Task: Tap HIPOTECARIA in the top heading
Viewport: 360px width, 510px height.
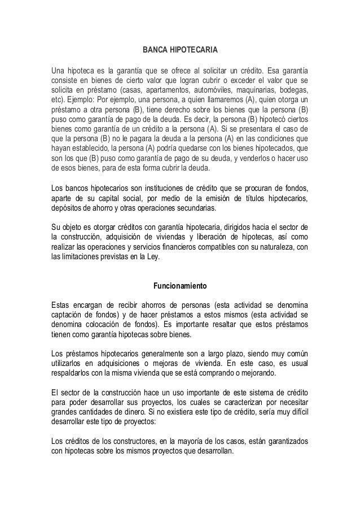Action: tap(192, 51)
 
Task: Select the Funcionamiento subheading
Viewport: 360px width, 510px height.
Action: tap(181, 285)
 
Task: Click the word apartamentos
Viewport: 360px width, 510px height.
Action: tap(168, 91)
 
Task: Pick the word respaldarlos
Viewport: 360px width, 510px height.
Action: tap(74, 373)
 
